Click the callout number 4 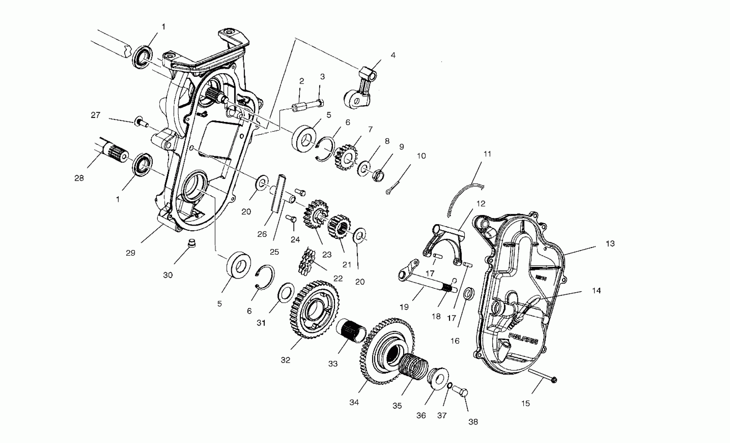pyautogui.click(x=393, y=55)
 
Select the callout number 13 pyautogui.click(x=610, y=244)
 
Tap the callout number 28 pyautogui.click(x=79, y=178)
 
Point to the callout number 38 pyautogui.click(x=473, y=422)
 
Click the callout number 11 pyautogui.click(x=487, y=154)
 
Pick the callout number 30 pyautogui.click(x=168, y=275)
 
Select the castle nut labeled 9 pyautogui.click(x=378, y=175)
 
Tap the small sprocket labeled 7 pyautogui.click(x=346, y=157)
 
